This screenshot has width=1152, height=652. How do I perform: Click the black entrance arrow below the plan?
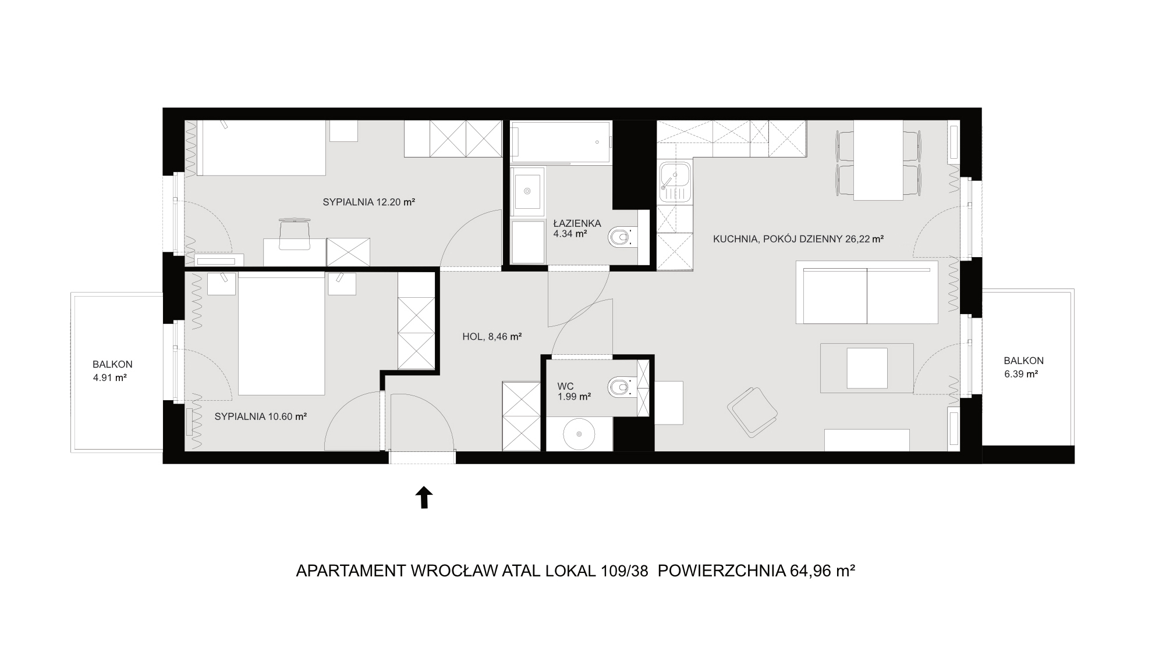click(424, 498)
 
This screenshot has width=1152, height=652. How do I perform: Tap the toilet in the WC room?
click(621, 387)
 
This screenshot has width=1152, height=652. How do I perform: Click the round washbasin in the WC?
click(579, 434)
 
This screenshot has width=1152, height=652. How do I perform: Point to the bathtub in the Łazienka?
click(561, 142)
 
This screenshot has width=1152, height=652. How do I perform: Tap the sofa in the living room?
click(867, 292)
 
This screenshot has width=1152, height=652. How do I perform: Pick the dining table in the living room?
click(878, 160)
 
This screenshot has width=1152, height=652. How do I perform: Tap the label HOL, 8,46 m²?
click(491, 336)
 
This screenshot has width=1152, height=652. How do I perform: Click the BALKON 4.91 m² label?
click(112, 370)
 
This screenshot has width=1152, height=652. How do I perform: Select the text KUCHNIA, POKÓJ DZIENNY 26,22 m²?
click(799, 238)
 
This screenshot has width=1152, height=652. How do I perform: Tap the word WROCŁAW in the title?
click(454, 571)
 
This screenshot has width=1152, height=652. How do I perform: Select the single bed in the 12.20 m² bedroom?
click(261, 148)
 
